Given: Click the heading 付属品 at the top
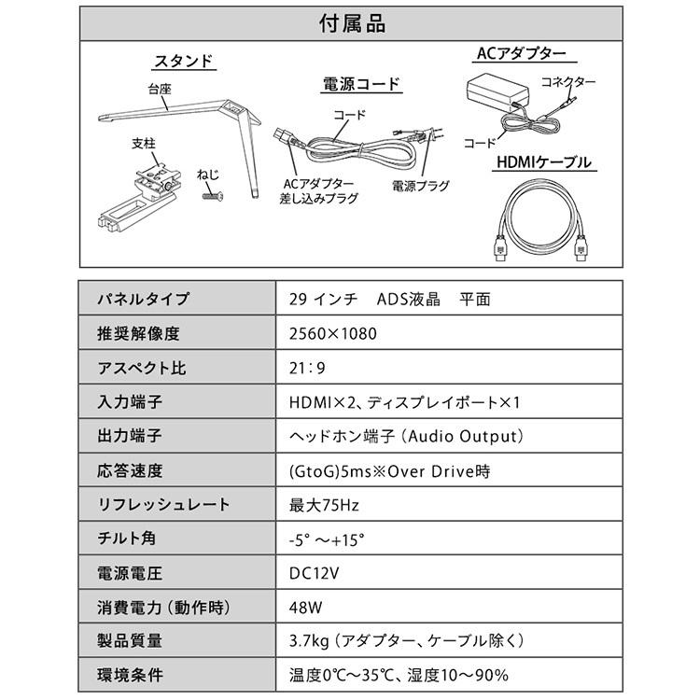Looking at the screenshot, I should pyautogui.click(x=351, y=21).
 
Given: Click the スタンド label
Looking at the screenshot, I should pyautogui.click(x=183, y=63).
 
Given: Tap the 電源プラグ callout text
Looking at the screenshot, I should pyautogui.click(x=420, y=187).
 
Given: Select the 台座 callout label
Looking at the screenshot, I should pyautogui.click(x=159, y=91).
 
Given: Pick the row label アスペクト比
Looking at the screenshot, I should pyautogui.click(x=142, y=368).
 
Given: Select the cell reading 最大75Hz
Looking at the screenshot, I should pyautogui.click(x=324, y=505).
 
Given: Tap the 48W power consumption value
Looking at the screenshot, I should pyautogui.click(x=307, y=608).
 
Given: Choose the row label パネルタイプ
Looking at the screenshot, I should pyautogui.click(x=143, y=300).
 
